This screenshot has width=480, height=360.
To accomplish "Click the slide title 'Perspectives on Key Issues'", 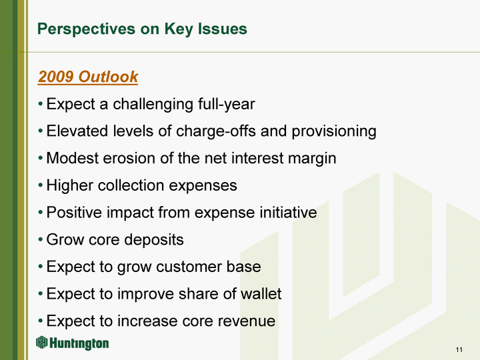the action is [x=142, y=30].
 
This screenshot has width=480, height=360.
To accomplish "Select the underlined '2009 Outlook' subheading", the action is [x=88, y=77].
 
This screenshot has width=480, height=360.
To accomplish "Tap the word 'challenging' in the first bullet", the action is [x=153, y=105].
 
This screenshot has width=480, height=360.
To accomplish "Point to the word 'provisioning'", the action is [x=334, y=131].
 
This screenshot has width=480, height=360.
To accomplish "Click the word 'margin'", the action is [x=312, y=159].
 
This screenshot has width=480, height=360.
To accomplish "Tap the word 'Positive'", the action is [x=74, y=213].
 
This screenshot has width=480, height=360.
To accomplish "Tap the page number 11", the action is [x=459, y=349].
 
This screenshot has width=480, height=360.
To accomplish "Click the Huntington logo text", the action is [x=79, y=343].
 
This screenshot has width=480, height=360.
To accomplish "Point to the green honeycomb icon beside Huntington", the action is [x=41, y=342].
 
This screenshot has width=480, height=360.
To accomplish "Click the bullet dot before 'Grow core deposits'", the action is [x=41, y=240].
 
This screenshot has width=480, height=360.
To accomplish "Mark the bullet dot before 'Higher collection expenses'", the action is [x=41, y=185].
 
